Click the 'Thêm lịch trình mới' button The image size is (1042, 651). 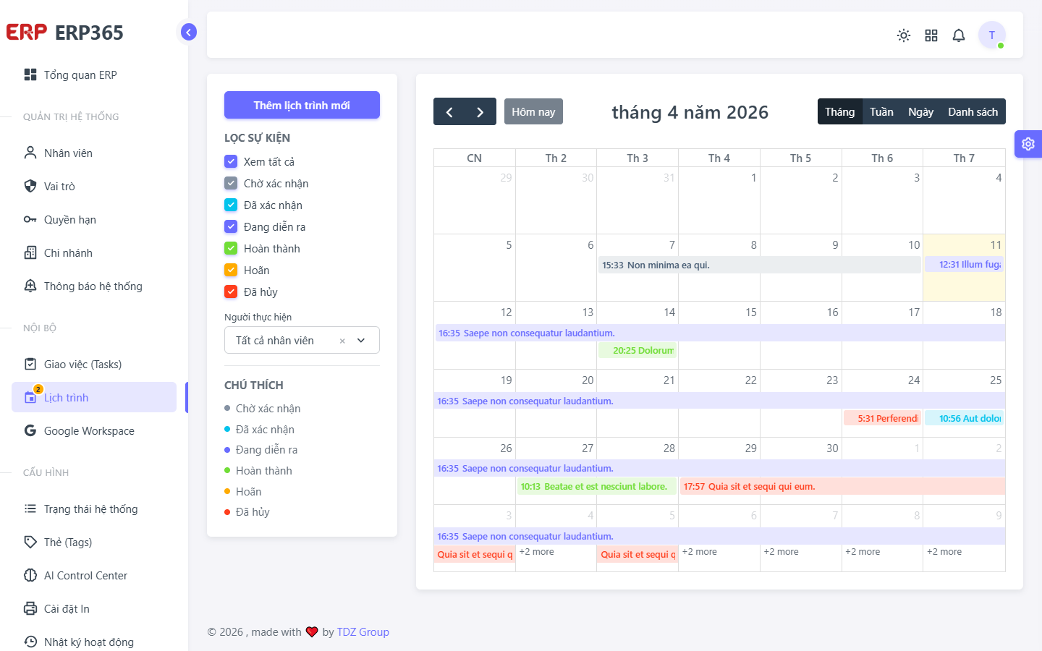coord(302,105)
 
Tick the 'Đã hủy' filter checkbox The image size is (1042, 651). coord(231,292)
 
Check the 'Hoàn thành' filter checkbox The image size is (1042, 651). coord(231,248)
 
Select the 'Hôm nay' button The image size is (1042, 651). coord(533,111)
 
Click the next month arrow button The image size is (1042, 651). coord(480,111)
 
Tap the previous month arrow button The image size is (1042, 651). coord(449,111)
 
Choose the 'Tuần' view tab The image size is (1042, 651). coord(881,111)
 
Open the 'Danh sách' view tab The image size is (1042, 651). coord(973,111)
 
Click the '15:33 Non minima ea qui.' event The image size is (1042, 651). coord(759,265)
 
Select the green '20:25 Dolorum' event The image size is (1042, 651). coord(638,350)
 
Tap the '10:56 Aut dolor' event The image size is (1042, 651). coord(964,418)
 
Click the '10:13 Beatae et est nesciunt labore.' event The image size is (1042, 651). coord(597,486)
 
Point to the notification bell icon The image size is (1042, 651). coord(959,35)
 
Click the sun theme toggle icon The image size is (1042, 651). coord(904,35)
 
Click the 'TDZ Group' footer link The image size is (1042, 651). coord(363,632)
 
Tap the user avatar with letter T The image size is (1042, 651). coord(992,35)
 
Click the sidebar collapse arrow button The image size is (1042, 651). coord(189,32)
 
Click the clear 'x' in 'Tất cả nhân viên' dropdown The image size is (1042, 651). coord(342,341)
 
